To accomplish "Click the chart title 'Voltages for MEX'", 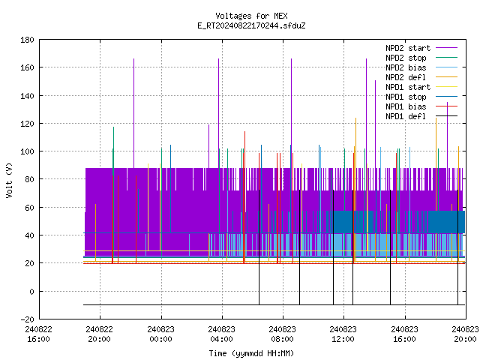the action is point(251,16).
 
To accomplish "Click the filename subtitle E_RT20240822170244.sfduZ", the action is point(251,25).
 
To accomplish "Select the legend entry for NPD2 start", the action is point(421,48).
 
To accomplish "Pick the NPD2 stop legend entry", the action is point(421,58).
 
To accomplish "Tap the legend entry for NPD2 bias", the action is point(421,67).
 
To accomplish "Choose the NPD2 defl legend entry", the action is point(421,77).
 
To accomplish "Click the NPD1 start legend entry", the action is point(421,87).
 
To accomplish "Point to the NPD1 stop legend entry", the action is point(421,97).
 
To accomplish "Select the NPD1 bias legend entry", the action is point(421,106).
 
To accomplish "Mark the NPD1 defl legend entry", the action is point(421,117).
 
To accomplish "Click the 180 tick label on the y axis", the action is point(27,40).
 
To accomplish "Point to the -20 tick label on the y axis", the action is point(27,319).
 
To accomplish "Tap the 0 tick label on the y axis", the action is point(31,292).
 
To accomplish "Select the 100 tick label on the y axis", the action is point(27,151).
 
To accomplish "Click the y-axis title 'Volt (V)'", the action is point(10,180).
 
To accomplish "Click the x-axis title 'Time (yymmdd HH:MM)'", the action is point(251,353).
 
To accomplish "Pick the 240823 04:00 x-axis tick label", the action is point(222,334).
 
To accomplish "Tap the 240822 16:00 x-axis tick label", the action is point(38,334).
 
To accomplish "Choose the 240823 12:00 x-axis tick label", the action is point(343,334).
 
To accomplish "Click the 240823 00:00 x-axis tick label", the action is point(160,334).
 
